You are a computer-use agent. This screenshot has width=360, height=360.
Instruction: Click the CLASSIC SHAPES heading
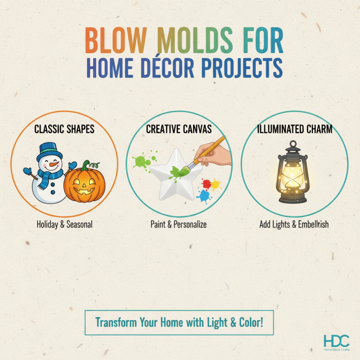coord(64,130)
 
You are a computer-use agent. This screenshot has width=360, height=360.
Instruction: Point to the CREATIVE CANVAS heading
coord(179,130)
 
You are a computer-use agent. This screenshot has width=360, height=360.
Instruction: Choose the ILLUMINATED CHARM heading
coord(295,130)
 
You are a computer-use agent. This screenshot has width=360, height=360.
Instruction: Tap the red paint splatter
coord(207,184)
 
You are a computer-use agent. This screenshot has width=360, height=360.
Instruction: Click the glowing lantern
coord(294,175)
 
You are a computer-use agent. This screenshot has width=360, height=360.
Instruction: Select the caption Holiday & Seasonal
coord(64,224)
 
